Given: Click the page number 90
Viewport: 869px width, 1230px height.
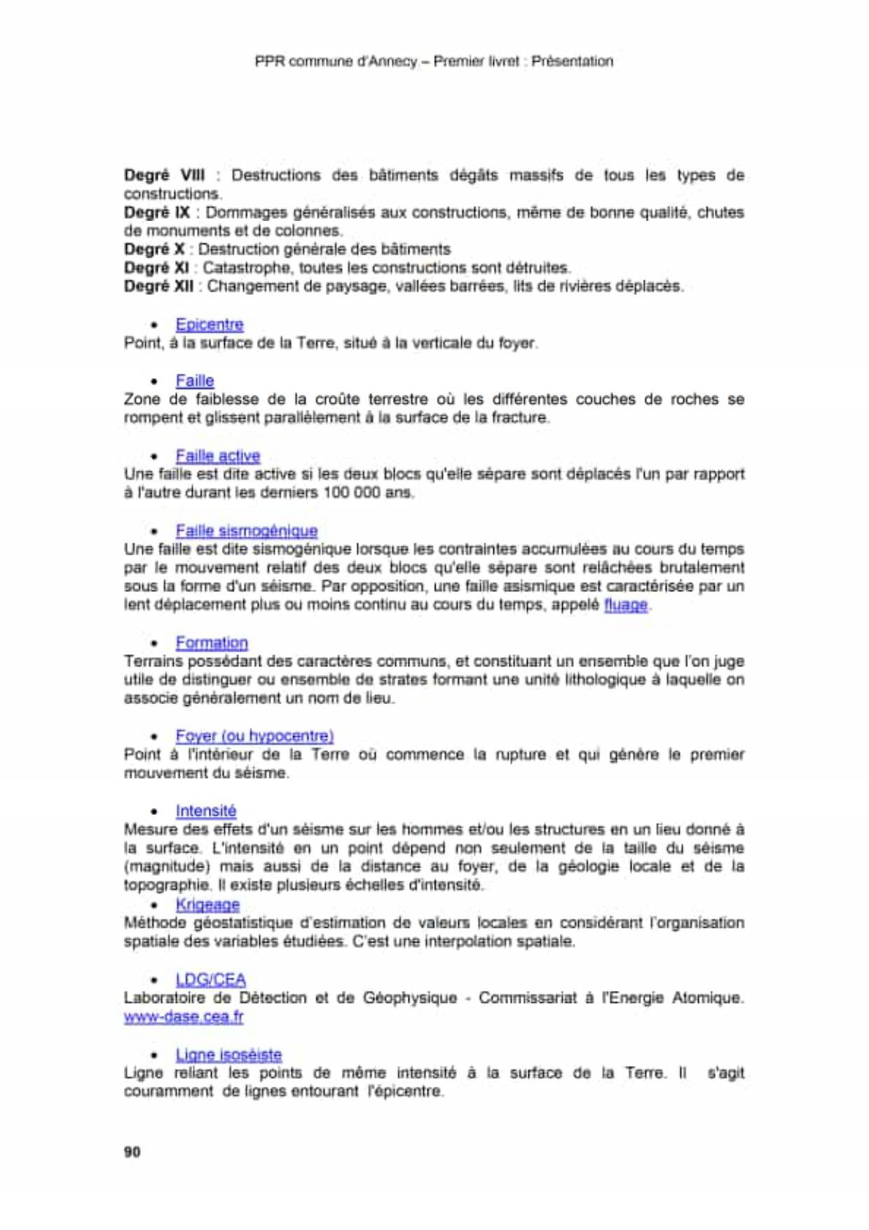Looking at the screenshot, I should (x=132, y=1151).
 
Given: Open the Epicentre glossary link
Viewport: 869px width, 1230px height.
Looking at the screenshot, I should (x=210, y=325).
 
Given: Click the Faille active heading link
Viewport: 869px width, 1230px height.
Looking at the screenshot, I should (x=218, y=456).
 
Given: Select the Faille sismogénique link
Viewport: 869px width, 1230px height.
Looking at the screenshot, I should (x=247, y=531).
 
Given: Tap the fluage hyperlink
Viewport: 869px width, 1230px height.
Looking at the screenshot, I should (x=626, y=604).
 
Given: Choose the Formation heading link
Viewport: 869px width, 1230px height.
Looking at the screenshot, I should (x=212, y=642).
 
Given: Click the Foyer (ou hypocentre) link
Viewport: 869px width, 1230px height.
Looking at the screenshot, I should (x=254, y=736).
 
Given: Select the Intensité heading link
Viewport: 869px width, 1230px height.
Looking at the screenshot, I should (x=206, y=811).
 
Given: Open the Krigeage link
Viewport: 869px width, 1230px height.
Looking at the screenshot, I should (x=207, y=905).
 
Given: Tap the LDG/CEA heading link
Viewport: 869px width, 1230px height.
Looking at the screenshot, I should (x=210, y=980).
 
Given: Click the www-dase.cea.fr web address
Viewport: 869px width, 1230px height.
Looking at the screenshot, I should (x=184, y=1017).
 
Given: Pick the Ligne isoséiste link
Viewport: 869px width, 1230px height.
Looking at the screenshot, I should (x=228, y=1055).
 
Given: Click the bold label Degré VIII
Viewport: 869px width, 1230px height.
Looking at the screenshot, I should (x=165, y=175).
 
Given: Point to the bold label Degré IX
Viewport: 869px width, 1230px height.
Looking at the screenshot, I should (x=157, y=212).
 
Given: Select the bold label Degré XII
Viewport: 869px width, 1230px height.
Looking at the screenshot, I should (x=159, y=286).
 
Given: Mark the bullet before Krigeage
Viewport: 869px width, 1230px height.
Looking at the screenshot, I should (x=154, y=905).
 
